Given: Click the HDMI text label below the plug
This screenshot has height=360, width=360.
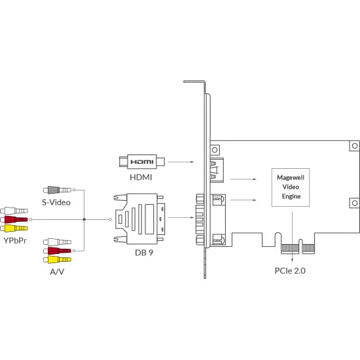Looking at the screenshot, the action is (x=141, y=177).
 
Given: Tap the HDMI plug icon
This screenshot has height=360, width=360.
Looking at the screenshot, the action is (x=142, y=162).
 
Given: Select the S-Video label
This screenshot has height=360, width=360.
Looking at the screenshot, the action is (x=56, y=202).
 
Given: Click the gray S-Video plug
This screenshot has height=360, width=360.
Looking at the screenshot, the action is (x=58, y=190).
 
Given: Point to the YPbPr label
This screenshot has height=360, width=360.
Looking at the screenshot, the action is (x=15, y=240).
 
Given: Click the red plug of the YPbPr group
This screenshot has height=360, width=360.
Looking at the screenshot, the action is (x=14, y=219).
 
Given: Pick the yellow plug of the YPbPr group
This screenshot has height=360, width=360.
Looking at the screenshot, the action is (x=14, y=228).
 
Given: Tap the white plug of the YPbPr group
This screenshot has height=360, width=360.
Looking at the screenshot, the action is (x=14, y=211).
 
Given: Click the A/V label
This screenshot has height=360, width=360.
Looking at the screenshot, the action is (x=57, y=272).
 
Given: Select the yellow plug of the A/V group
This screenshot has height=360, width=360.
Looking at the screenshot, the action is (x=58, y=260).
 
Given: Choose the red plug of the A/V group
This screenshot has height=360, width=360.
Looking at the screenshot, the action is (x=58, y=251).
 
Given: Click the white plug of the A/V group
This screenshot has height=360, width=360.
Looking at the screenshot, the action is (x=58, y=242).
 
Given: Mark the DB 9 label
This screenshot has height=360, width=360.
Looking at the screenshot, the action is (x=144, y=253).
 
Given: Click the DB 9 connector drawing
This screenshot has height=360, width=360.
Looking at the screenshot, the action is (x=139, y=219).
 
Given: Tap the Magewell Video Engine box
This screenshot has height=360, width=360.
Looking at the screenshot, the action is (x=291, y=187).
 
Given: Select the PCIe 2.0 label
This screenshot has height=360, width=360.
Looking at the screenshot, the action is (x=290, y=271).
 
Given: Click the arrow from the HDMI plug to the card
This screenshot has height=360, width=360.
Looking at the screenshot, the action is (x=181, y=162).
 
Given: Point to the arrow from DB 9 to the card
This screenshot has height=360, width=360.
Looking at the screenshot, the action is (x=181, y=217).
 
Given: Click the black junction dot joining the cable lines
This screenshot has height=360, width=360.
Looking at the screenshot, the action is (x=84, y=219).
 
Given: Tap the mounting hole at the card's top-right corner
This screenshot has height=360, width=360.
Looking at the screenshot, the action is (x=355, y=145).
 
